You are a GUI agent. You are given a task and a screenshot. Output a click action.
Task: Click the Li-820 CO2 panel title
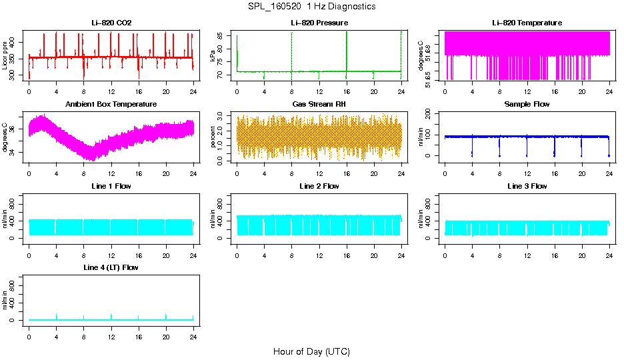point(111,23)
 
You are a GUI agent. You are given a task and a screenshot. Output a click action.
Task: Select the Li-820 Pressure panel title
point(319,23)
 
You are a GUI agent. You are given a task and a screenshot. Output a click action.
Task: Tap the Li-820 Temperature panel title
point(527,23)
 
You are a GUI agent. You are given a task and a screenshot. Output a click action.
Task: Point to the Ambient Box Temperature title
point(111,105)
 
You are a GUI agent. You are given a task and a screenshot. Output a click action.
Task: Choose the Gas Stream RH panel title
point(319,105)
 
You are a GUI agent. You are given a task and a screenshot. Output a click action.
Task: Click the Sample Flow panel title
point(527,105)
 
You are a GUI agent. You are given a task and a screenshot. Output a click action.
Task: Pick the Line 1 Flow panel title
point(111,186)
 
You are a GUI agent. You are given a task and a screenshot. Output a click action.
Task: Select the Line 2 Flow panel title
point(319,186)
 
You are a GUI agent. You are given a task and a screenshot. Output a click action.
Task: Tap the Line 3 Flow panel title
point(527,186)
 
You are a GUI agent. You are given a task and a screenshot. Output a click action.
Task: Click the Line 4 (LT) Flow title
point(111,267)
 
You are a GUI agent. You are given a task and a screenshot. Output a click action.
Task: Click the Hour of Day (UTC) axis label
point(311,351)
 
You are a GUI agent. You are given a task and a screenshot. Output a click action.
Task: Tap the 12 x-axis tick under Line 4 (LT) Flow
point(111,331)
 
